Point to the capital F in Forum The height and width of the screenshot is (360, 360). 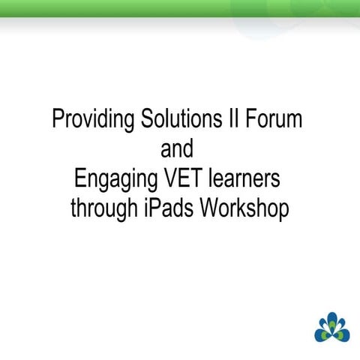click(257, 120)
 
